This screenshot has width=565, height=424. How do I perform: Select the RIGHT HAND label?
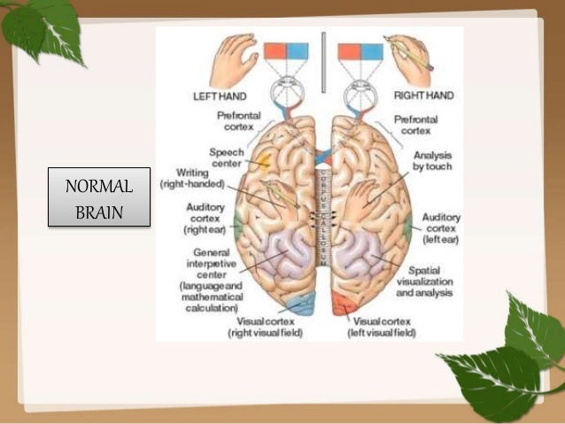point(423,94)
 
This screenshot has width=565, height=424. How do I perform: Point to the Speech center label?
point(227,157)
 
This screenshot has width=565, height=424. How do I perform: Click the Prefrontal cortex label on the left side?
point(237,121)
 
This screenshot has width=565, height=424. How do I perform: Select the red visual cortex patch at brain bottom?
point(341,305)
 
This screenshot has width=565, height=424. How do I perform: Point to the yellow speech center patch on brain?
point(263,163)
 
